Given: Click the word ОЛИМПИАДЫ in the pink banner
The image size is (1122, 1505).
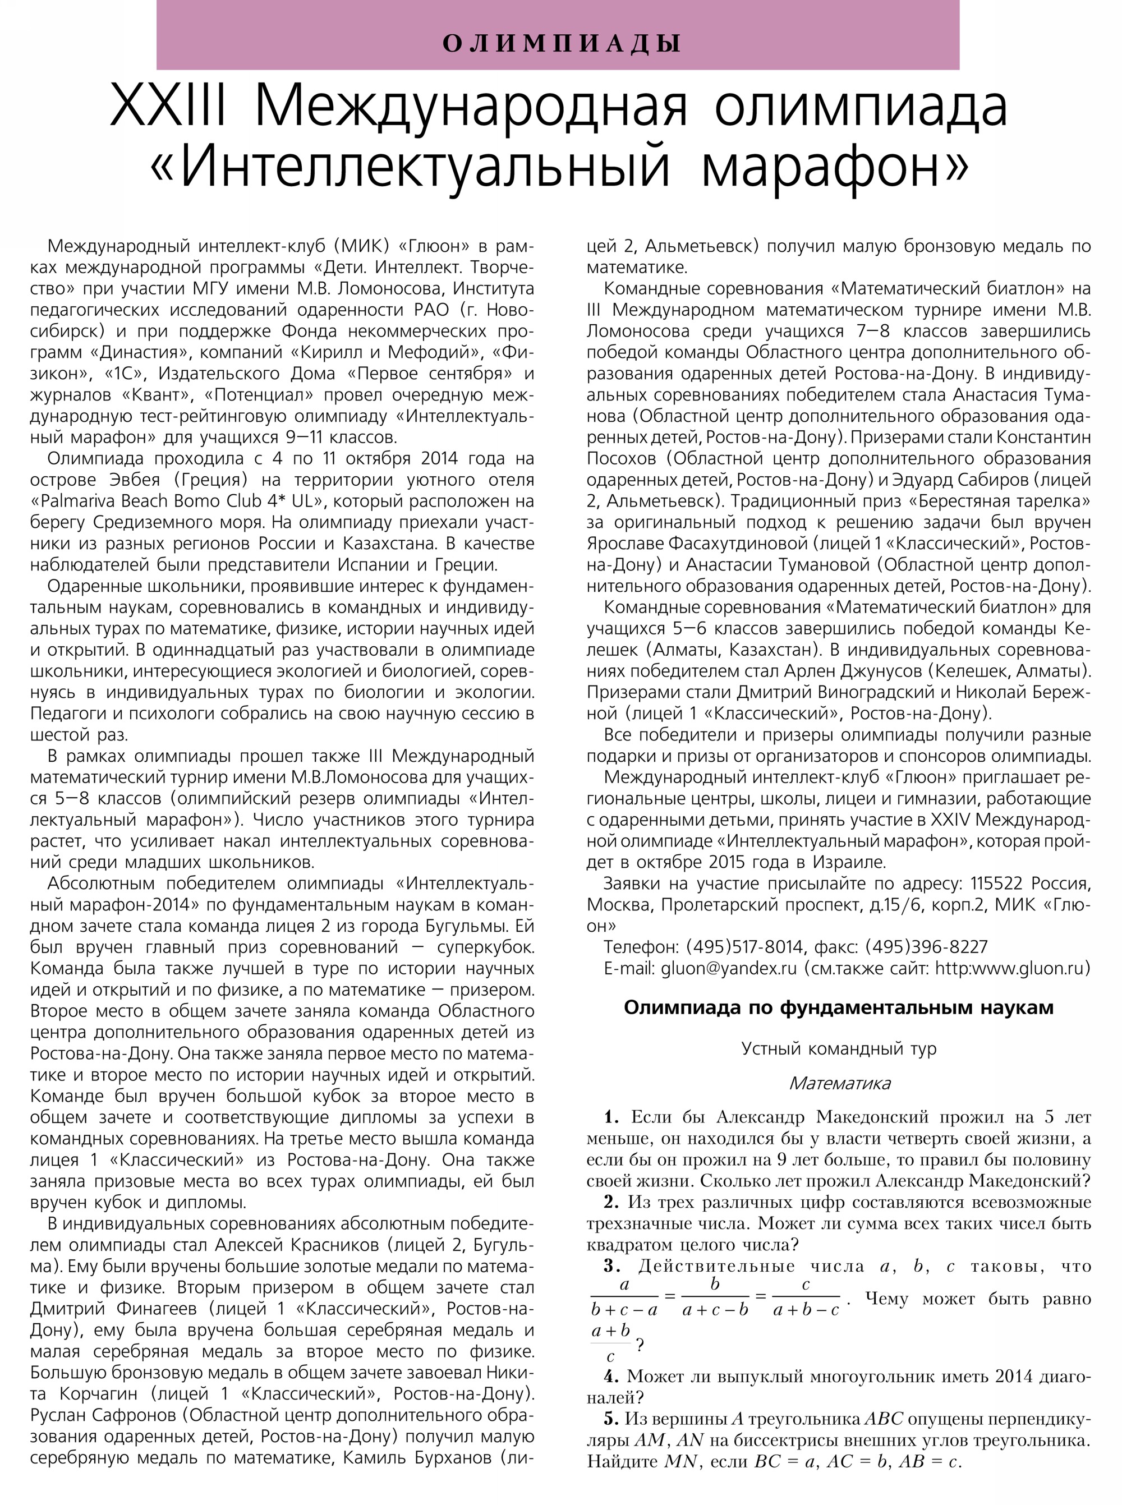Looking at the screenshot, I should [x=561, y=43].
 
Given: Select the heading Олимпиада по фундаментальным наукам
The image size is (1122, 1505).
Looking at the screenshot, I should [x=838, y=1008].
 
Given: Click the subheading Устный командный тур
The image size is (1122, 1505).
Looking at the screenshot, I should [x=838, y=1048].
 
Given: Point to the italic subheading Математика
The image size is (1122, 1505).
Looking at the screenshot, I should [x=839, y=1083].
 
